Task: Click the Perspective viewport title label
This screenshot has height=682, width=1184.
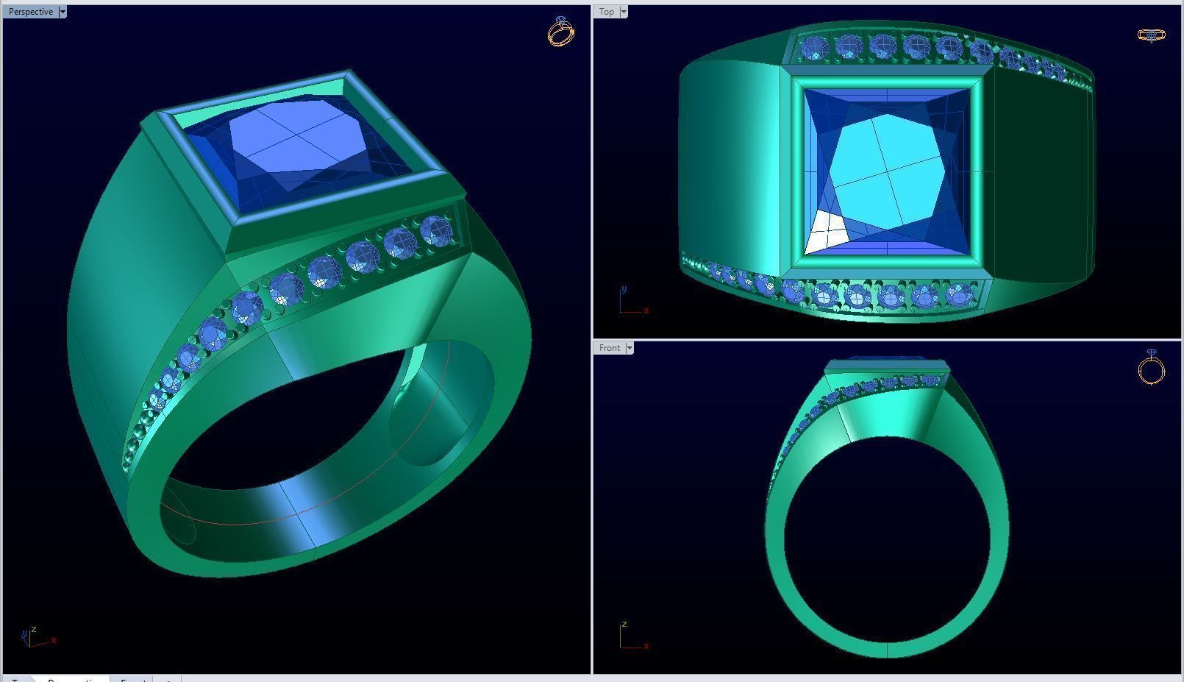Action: coord(30,12)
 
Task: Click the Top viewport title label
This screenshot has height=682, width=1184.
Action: coord(607,12)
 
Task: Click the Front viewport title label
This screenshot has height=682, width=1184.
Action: coord(609,348)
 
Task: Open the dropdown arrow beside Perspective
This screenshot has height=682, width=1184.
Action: coord(63,12)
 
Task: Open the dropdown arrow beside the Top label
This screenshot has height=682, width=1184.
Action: coord(624,12)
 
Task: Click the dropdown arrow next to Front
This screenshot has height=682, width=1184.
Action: coord(629,348)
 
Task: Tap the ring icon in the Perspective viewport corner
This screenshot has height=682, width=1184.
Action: coord(561,32)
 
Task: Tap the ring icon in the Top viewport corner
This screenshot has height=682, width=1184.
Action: coord(1151,35)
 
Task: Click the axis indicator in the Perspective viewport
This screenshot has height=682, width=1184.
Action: coord(37,637)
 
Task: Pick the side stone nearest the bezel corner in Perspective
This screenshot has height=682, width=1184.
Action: coord(436,231)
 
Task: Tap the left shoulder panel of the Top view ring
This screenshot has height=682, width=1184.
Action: coord(728,169)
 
